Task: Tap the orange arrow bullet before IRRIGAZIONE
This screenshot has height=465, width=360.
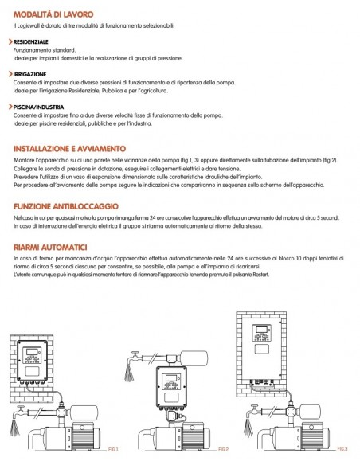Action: pyautogui.click(x=10, y=73)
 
